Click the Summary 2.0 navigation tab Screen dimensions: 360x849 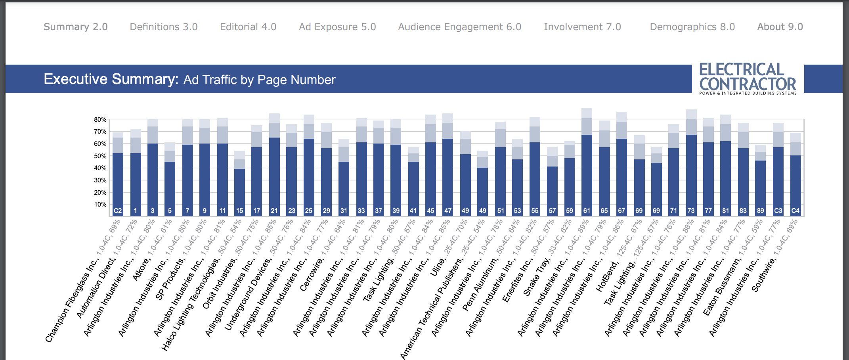point(75,27)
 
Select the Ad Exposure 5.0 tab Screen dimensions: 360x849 point(337,27)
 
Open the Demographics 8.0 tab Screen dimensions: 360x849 point(692,27)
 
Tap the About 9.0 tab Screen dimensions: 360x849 point(780,27)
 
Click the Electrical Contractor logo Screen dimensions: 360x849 point(748,79)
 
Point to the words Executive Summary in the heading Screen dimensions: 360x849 point(111,79)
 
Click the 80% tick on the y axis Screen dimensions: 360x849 point(100,120)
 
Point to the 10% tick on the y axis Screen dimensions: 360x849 point(100,205)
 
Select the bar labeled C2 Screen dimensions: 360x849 point(118,182)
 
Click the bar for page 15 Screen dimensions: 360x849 point(239,190)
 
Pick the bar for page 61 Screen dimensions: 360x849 point(587,174)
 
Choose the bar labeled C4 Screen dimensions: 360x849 point(795,184)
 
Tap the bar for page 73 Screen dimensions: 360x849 point(691,174)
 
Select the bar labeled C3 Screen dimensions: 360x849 point(778,182)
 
